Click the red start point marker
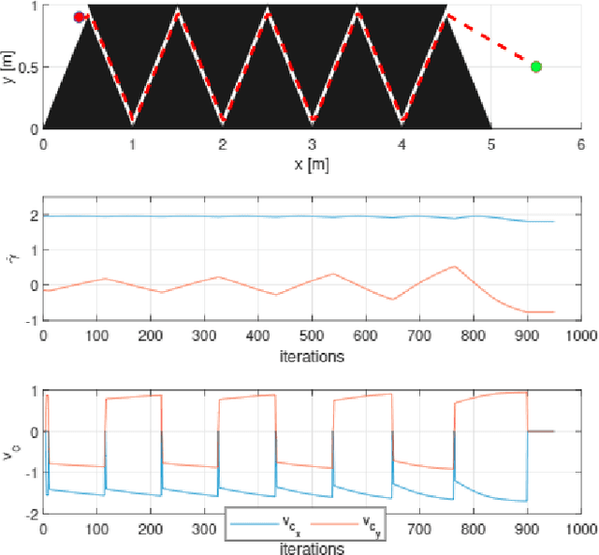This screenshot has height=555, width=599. click(79, 17)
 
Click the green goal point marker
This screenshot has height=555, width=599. click(535, 66)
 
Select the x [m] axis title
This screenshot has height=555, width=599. click(311, 164)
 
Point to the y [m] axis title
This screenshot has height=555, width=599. click(10, 66)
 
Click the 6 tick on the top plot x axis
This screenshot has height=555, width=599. click(580, 145)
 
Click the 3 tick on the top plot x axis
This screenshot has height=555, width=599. click(312, 145)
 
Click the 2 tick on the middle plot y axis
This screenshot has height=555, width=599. click(34, 215)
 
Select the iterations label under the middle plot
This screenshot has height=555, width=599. click(311, 357)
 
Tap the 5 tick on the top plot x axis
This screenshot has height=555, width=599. click(490, 145)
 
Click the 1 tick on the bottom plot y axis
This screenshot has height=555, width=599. click(34, 390)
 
